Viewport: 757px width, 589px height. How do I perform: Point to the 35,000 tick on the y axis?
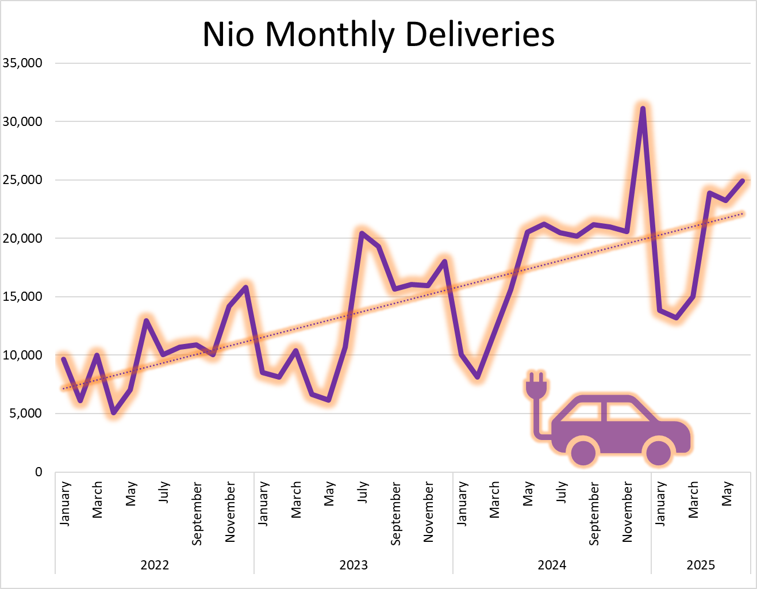(22, 63)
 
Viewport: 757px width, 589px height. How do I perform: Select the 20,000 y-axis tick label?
(22, 238)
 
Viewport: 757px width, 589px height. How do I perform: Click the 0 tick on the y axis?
(39, 472)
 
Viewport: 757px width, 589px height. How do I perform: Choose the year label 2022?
(155, 565)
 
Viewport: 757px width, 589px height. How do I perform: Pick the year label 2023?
(353, 565)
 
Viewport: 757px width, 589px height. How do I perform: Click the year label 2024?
(552, 565)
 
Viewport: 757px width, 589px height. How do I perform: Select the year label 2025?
(701, 565)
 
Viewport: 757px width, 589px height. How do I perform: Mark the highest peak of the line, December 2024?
(643, 108)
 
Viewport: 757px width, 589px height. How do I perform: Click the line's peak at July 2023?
(362, 233)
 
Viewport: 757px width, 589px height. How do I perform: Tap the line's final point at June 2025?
(742, 181)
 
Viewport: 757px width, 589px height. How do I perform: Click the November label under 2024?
(627, 512)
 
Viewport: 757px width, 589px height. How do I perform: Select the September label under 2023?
(395, 514)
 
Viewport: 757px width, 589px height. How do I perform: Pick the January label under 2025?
(660, 503)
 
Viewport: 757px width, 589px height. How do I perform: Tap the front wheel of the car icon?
(659, 452)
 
